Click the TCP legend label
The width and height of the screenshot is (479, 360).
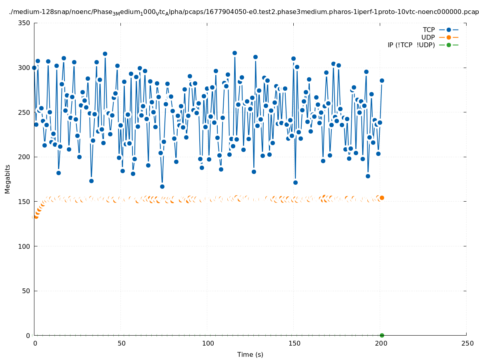coord(429,30)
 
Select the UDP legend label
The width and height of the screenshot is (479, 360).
coord(428,37)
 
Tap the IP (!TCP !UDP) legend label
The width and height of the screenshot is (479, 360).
coord(411,45)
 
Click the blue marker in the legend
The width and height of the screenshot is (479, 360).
coord(449,30)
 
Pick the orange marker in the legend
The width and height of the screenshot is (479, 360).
coord(449,37)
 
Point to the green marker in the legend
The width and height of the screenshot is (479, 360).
coord(449,45)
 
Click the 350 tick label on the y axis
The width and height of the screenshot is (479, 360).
coord(25,23)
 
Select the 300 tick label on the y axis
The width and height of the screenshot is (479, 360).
coord(25,68)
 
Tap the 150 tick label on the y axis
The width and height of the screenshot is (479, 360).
coord(25,202)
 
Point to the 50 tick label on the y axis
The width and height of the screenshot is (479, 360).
coord(26,291)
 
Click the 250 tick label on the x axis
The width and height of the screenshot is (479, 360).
coord(467,344)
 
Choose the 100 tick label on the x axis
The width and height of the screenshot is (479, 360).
coord(207,344)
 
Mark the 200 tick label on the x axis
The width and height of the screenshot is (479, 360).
coord(380,344)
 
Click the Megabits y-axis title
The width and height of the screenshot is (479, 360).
coord(8,179)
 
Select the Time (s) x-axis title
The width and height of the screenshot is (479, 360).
coord(250,354)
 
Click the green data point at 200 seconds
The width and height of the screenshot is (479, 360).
coord(382,335)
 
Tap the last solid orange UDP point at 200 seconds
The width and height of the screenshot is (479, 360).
coord(382,198)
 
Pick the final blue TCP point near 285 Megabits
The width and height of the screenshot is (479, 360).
coord(382,80)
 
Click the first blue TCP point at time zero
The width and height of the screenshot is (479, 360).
coord(34,68)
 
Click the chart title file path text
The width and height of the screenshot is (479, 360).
coord(244,12)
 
